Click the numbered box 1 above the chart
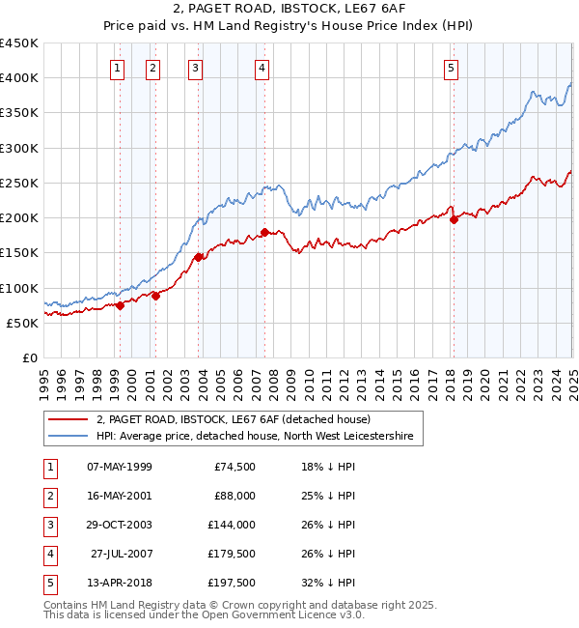click(x=117, y=68)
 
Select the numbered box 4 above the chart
click(x=262, y=68)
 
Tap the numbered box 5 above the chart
click(x=452, y=68)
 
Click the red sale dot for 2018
click(x=454, y=219)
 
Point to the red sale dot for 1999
click(x=120, y=305)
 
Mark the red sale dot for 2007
click(x=264, y=232)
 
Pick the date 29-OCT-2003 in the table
click(x=119, y=525)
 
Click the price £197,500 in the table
click(x=232, y=583)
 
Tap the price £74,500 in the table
click(x=234, y=467)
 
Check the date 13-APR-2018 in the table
click(x=119, y=583)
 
